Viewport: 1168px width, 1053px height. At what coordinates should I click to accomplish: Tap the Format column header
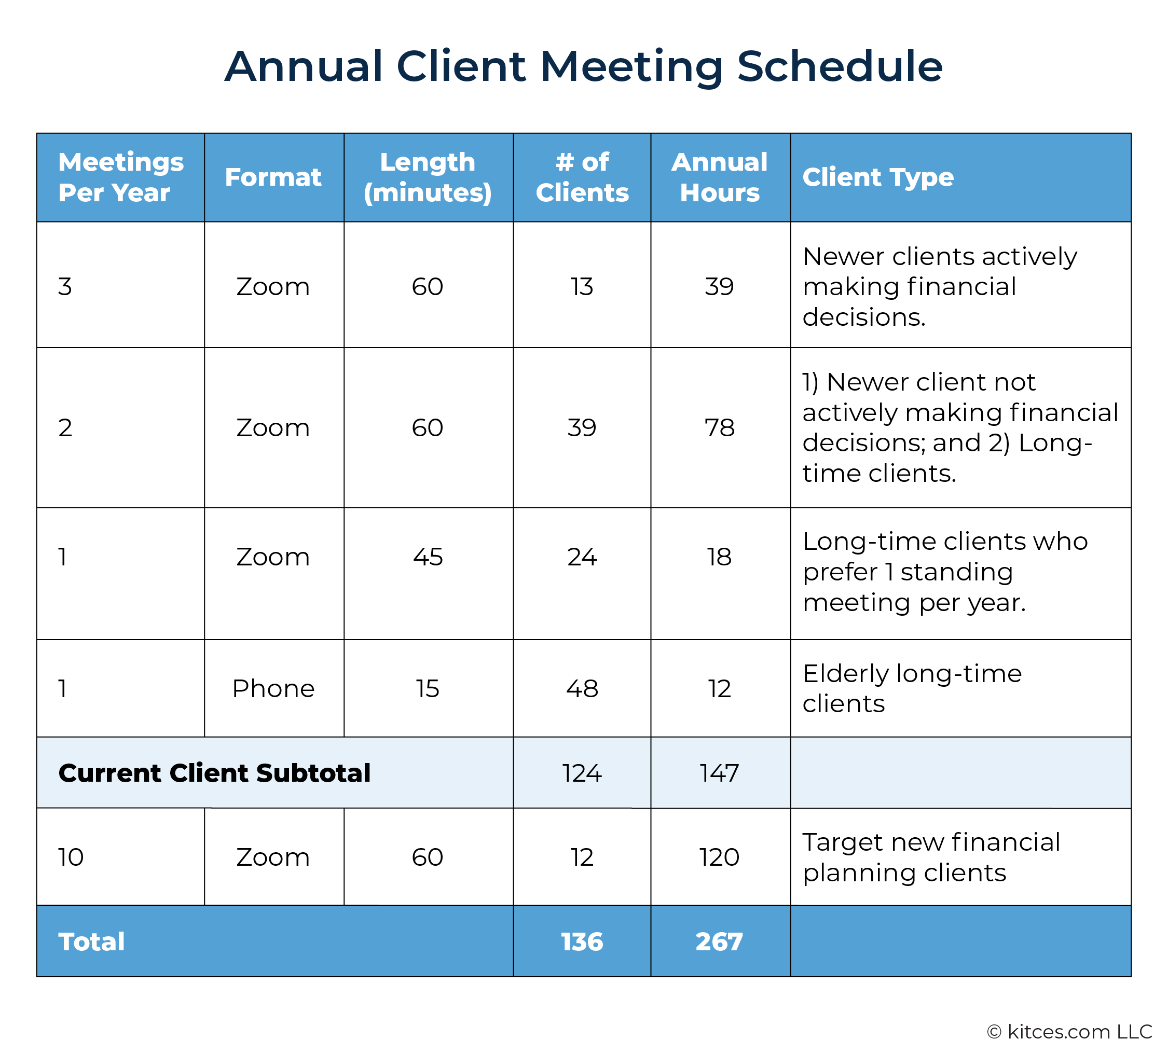point(273,177)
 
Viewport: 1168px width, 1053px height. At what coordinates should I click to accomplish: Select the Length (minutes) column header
point(428,177)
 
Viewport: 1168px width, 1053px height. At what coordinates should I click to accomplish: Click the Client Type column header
point(878,177)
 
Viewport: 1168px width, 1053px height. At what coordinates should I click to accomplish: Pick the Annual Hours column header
point(720,177)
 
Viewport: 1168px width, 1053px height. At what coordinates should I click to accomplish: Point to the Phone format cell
point(273,688)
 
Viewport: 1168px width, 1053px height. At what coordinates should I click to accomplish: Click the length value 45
point(428,557)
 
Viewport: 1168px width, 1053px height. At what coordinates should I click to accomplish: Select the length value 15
point(428,688)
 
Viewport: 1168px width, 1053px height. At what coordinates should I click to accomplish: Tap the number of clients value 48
point(582,688)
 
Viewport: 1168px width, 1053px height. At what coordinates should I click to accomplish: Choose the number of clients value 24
point(582,557)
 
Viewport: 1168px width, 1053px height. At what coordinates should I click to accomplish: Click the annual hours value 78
point(720,427)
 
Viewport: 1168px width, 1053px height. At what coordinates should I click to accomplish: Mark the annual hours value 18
point(720,557)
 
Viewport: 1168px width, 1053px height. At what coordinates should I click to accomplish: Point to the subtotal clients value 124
point(582,773)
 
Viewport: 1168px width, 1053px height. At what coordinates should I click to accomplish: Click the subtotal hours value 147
point(720,773)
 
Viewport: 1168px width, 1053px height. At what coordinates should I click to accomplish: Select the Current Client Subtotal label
point(214,773)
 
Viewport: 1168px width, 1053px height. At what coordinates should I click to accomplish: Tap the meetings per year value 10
point(71,857)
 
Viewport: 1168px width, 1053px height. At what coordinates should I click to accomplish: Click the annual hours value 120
point(720,857)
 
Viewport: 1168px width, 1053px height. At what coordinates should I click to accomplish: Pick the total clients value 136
point(582,942)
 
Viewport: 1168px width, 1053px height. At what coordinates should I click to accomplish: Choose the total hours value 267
point(720,942)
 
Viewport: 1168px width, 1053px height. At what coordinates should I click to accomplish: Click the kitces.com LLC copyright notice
point(1069,1032)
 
